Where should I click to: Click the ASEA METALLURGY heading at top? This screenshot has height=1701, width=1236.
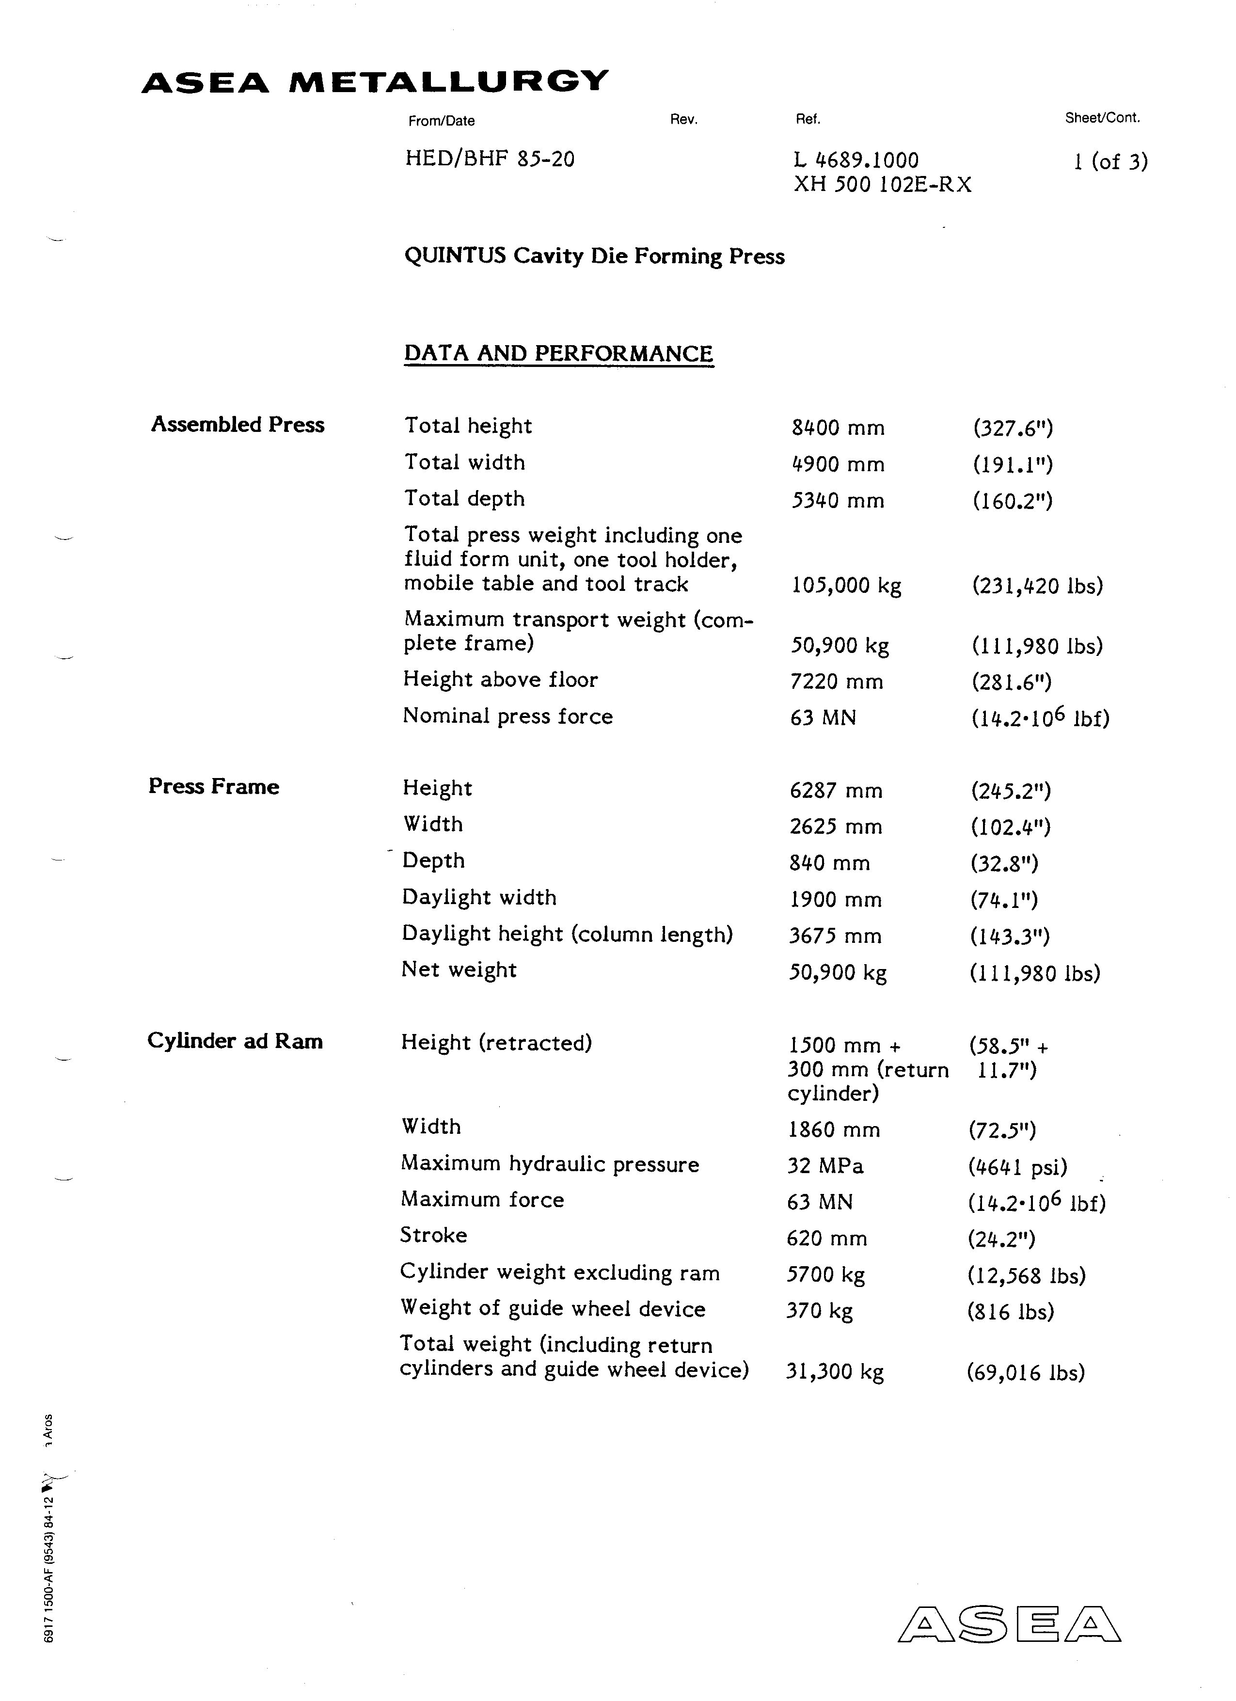click(375, 81)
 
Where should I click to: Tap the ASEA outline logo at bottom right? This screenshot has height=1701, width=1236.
click(1009, 1624)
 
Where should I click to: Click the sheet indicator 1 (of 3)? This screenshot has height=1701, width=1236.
click(1110, 161)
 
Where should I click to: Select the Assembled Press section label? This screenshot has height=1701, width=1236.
click(238, 425)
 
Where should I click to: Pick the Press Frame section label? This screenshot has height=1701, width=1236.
click(214, 787)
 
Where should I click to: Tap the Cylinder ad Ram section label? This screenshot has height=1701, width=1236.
click(235, 1041)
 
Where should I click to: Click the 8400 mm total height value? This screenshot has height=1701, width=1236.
click(838, 428)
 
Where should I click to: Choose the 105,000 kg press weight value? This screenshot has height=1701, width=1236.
click(846, 586)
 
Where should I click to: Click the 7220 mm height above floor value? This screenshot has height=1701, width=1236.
click(836, 682)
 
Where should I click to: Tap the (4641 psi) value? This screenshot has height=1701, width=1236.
click(1017, 1167)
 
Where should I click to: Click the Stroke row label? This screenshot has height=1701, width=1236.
click(433, 1235)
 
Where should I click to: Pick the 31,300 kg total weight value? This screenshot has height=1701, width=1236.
click(835, 1372)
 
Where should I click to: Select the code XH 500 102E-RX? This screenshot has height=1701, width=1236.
click(882, 185)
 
